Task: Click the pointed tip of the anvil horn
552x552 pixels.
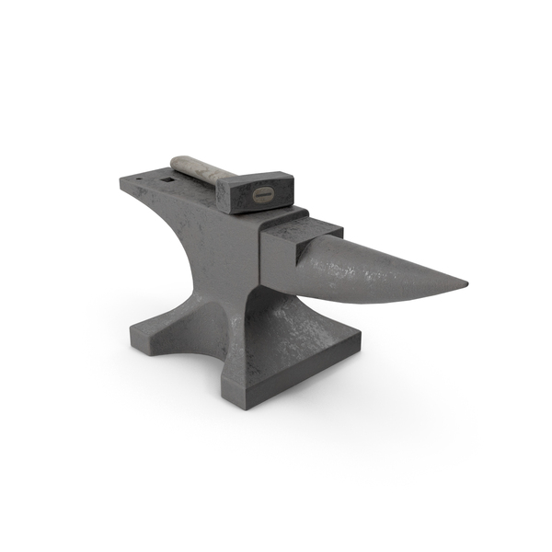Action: pos(466,283)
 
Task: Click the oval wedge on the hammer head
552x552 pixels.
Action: pos(261,195)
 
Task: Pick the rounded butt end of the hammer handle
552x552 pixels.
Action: pos(177,160)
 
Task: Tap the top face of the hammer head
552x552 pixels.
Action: pos(250,179)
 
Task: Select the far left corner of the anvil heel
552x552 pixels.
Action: pos(121,181)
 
